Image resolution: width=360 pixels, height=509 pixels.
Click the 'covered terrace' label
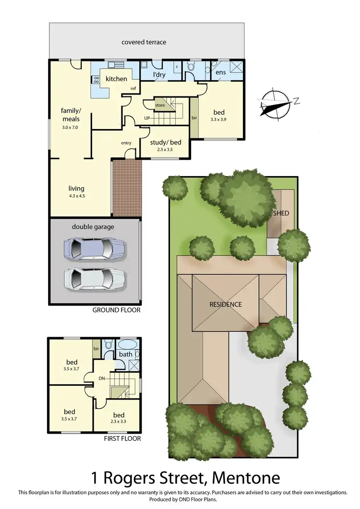point(144,42)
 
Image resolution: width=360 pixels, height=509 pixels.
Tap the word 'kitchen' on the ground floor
point(116,79)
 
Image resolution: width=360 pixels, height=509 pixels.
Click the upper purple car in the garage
point(94,248)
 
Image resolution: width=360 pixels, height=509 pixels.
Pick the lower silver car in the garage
point(94,278)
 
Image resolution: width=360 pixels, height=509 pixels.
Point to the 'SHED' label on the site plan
point(281,213)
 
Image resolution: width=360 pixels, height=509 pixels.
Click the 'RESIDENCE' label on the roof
point(225,304)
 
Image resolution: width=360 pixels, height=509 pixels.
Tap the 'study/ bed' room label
point(164,142)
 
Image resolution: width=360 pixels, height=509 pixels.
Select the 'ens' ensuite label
point(220,72)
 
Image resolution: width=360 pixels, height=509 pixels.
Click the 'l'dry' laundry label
point(159,75)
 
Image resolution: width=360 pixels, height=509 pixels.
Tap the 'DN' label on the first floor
point(102,379)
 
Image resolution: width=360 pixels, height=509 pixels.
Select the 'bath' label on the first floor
point(125,355)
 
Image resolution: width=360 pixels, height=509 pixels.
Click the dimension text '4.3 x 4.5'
point(76,196)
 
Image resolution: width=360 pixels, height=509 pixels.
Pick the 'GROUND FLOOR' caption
point(116,310)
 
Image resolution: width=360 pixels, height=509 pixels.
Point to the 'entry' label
point(126,143)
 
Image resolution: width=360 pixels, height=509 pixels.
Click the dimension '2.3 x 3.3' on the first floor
point(119,422)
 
